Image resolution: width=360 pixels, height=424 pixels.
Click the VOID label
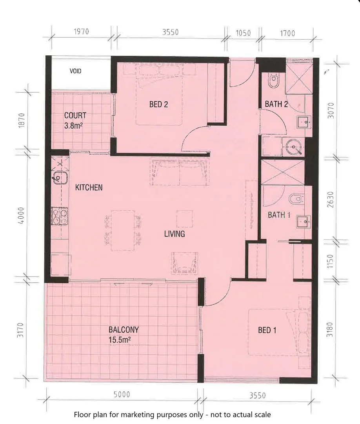coord(75,71)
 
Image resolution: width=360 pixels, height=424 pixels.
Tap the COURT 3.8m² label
coord(75,121)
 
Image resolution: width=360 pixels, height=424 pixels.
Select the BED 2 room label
coord(158,104)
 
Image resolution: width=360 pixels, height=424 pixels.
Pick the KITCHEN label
coord(89,188)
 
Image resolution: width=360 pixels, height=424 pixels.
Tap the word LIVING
coord(175,234)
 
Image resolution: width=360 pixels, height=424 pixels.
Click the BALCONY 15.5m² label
coord(124,334)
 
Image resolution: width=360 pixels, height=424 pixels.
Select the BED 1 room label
coord(267,330)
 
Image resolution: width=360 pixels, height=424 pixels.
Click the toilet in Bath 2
coord(273,81)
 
